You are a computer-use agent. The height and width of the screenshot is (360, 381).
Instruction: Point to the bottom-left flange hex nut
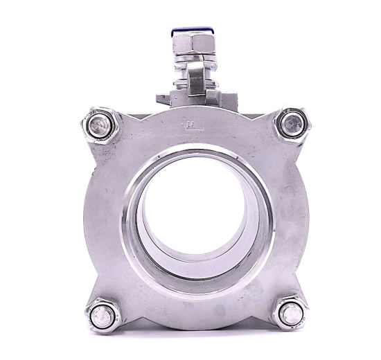pos(104,315)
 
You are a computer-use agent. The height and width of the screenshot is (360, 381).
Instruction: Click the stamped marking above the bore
pos(189,125)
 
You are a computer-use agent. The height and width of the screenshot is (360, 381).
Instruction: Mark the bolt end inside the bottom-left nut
pos(104,316)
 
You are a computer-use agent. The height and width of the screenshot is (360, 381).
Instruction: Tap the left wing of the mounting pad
pos(162,97)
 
